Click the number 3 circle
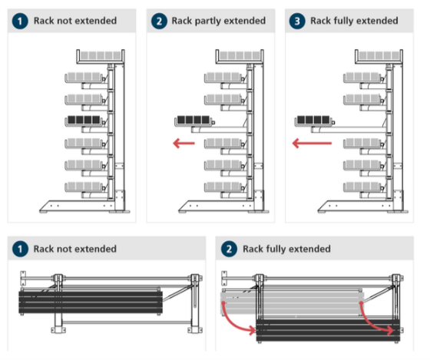coord(297,21)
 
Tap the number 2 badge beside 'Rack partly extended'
coord(159,21)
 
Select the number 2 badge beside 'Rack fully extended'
coord(229,249)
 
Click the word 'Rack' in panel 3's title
coord(320,21)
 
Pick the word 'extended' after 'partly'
coord(245,21)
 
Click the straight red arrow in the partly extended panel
coord(184,143)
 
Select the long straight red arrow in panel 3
coord(312,143)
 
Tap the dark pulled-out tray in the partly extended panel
coord(193,121)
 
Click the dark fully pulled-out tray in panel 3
coord(314,121)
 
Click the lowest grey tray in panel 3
coord(362,187)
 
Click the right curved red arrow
coord(376,319)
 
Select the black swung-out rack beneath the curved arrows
coord(328,330)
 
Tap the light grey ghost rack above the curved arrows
coord(293,303)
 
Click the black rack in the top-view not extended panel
coord(91,302)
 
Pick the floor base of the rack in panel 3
coord(362,206)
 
